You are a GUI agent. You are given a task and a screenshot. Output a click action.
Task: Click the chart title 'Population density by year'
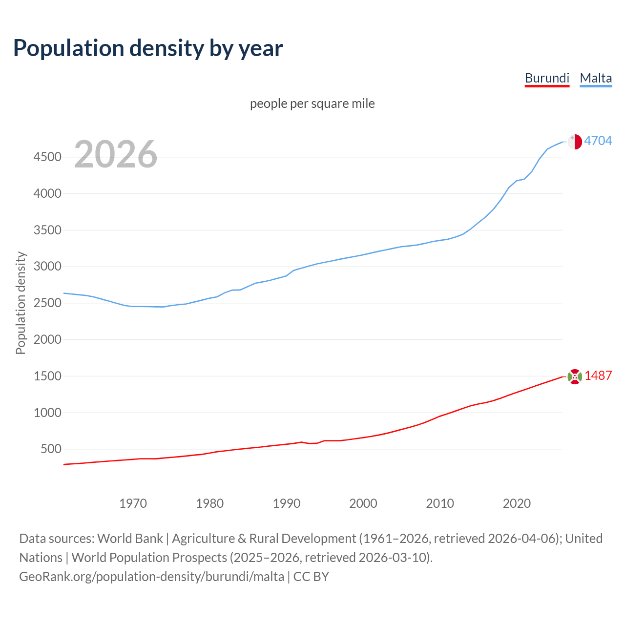148,48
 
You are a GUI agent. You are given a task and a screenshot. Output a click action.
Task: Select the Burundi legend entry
547,78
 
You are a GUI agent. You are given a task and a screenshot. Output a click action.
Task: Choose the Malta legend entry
596,78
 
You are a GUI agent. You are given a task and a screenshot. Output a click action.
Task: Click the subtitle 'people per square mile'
312,104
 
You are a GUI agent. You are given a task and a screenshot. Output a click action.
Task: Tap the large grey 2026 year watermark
116,154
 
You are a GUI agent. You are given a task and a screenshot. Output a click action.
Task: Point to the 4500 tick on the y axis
47,157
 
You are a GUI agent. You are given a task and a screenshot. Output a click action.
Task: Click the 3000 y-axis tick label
47,266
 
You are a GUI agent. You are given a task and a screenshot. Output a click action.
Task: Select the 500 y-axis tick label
51,449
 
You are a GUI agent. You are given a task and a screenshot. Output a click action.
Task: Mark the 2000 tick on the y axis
47,339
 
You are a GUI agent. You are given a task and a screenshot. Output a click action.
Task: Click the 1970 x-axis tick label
133,503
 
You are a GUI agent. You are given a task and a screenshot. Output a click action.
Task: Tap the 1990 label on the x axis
287,503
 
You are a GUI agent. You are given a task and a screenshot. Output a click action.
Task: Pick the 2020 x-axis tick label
517,503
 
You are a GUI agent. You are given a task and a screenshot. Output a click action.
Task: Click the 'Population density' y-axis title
21,303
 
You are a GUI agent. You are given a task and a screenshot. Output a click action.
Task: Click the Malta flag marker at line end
575,142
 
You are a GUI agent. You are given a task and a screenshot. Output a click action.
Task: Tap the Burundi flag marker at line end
575,376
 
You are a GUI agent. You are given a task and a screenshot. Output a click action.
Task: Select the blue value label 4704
598,141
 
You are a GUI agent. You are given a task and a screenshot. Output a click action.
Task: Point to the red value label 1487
598,375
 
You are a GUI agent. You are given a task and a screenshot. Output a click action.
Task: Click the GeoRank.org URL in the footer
151,576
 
